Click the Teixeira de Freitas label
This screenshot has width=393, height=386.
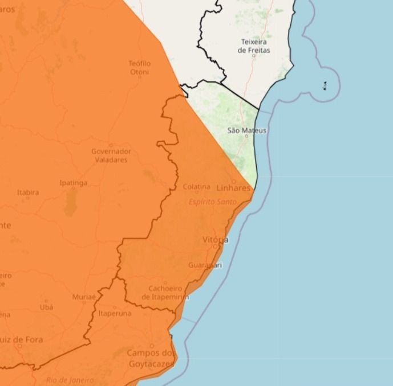[x=254, y=46]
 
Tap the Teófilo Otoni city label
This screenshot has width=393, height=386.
[x=140, y=67]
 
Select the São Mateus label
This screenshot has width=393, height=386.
[x=247, y=130]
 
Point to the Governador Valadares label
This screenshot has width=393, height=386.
[x=111, y=155]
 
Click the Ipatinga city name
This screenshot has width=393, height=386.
[x=74, y=183]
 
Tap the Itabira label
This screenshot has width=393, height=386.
[x=28, y=192]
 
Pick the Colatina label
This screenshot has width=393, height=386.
[x=196, y=187]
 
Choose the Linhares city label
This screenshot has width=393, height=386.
[x=233, y=188]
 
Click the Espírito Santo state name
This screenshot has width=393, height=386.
[x=213, y=202]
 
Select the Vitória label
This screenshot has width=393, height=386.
[x=215, y=240]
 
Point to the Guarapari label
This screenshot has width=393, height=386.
[x=205, y=265]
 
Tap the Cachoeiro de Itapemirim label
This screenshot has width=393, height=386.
[x=165, y=293]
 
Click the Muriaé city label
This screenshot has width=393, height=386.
[x=84, y=297]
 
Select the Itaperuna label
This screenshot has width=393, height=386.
[x=115, y=313]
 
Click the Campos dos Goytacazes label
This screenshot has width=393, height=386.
[x=151, y=358]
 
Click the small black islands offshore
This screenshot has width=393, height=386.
[x=325, y=86]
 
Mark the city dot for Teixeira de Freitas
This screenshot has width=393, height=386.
[x=254, y=56]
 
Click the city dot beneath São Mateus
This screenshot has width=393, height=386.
[x=246, y=136]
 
